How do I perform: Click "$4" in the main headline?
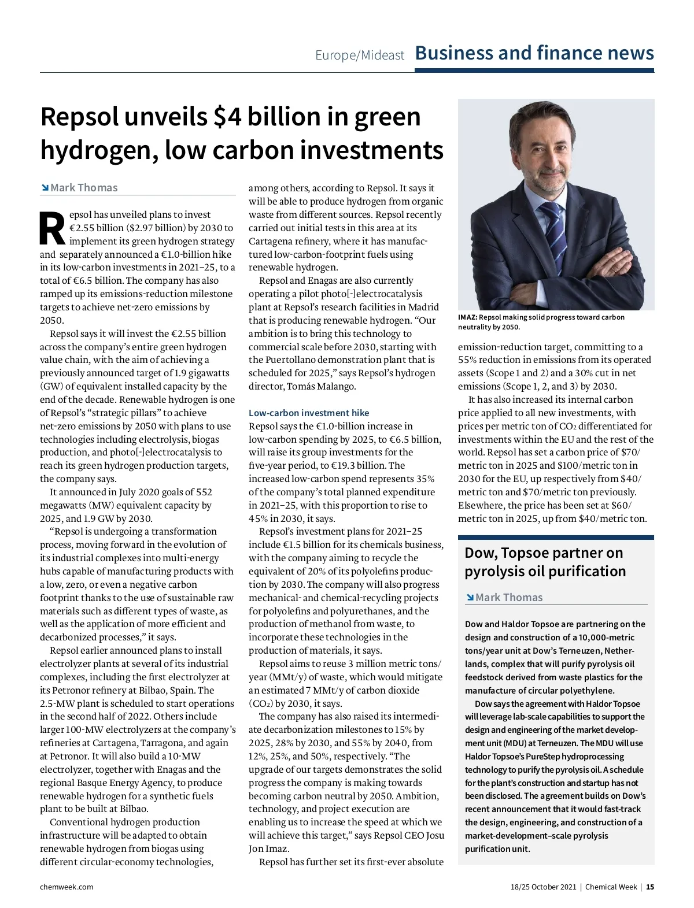tap(227, 117)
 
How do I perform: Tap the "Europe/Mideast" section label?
tap(360, 55)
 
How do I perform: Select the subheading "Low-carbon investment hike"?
tap(309, 413)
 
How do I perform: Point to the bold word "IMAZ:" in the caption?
tap(468, 317)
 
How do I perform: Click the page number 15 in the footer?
tap(650, 887)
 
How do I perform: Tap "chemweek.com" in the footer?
tap(67, 887)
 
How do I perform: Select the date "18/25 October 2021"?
tap(544, 887)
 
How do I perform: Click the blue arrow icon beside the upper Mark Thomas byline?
tap(45, 187)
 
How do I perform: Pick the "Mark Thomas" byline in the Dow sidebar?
tap(509, 597)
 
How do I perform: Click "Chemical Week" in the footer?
tap(611, 887)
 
